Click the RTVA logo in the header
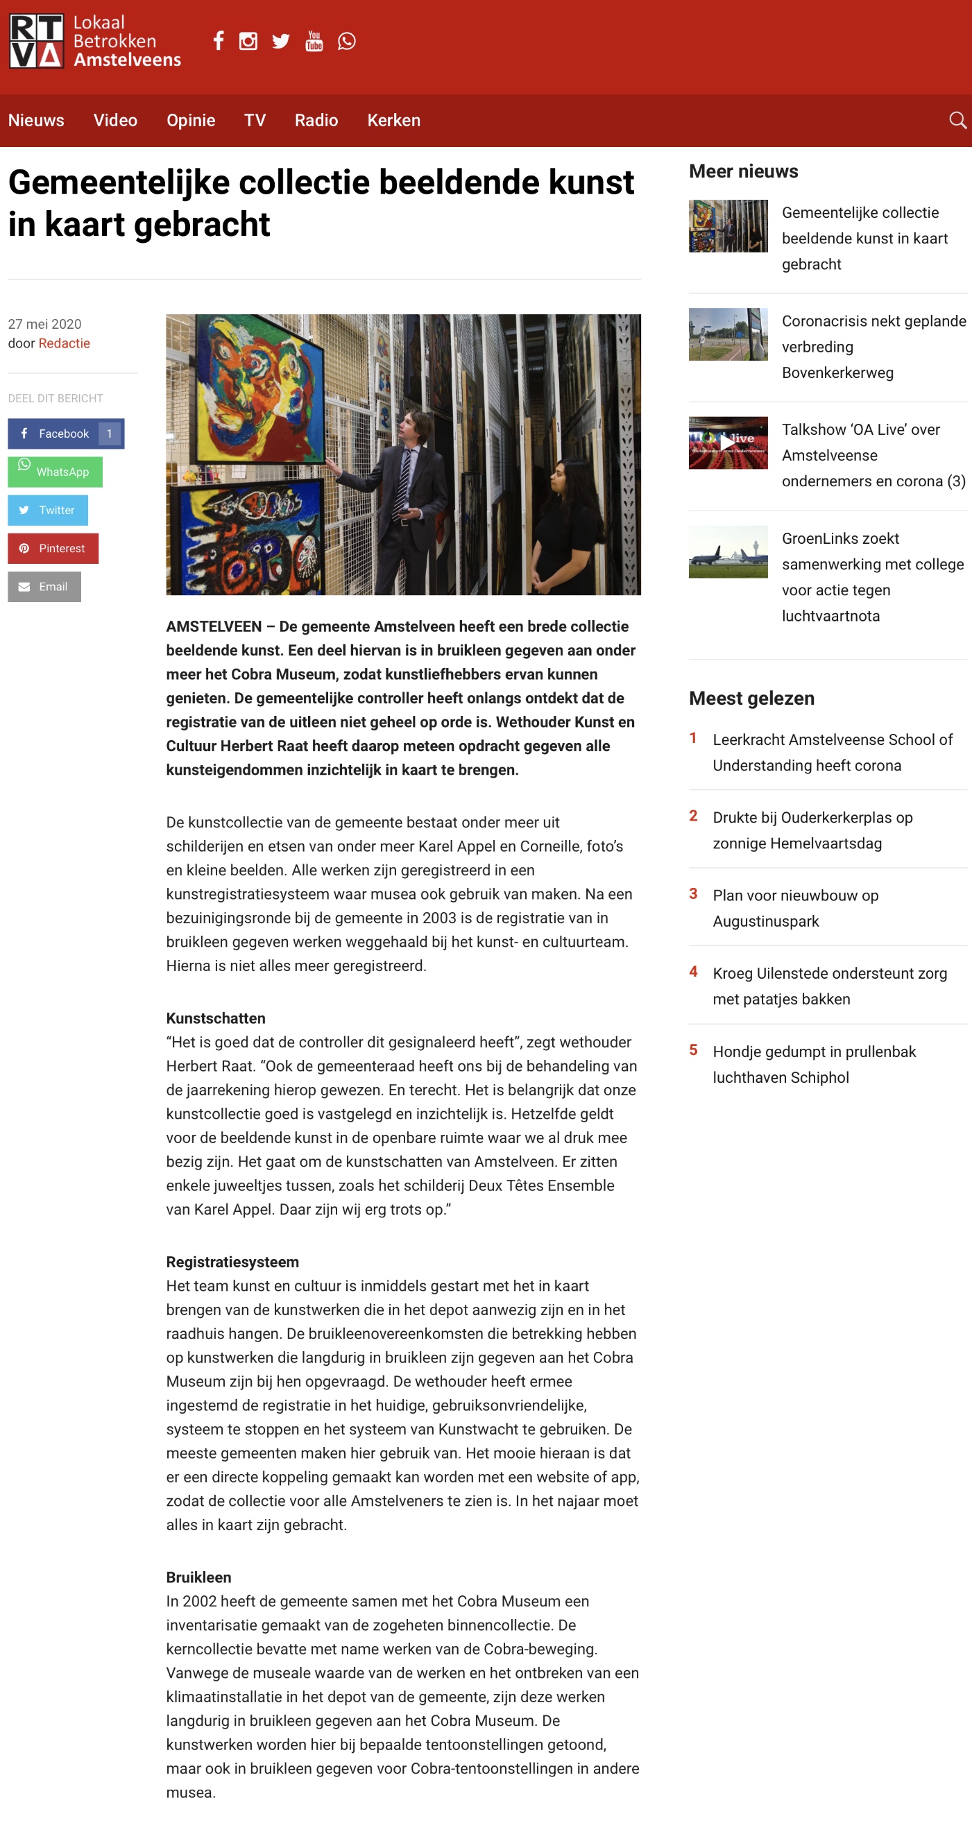point(37,41)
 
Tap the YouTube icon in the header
point(314,41)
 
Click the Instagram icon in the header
point(248,41)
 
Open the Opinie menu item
point(191,121)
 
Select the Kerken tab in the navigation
point(393,121)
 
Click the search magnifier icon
point(957,121)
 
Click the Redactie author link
point(64,343)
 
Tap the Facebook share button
point(65,434)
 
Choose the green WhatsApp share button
point(55,472)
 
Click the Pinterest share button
point(53,549)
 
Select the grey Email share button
point(44,587)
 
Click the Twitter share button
point(47,510)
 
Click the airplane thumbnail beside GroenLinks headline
point(728,552)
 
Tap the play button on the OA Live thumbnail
point(727,442)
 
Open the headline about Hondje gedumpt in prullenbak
point(814,1064)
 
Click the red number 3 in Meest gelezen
point(693,894)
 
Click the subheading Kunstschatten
point(215,1018)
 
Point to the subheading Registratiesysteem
point(232,1262)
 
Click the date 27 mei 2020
point(44,325)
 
